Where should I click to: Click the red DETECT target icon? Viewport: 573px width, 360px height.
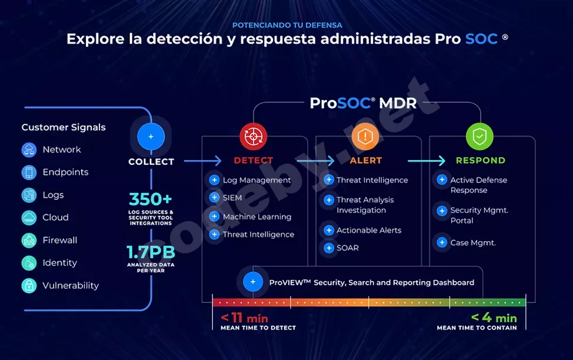[254, 137]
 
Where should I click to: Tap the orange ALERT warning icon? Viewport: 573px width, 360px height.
[365, 137]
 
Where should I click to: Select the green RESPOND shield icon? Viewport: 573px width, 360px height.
[479, 137]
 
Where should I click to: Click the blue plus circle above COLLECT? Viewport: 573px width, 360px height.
[151, 136]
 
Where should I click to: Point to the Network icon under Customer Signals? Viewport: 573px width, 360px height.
[29, 150]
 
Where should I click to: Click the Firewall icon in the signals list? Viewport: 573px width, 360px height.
[29, 241]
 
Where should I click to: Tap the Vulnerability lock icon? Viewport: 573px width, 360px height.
[29, 286]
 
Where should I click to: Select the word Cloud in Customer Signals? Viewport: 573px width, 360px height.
[55, 218]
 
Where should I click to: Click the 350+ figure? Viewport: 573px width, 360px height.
[151, 199]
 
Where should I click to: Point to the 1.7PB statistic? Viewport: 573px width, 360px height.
[151, 252]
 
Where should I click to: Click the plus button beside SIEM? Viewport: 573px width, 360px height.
[214, 198]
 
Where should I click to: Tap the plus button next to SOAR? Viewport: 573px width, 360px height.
[328, 248]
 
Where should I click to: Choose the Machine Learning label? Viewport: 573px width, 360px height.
[256, 217]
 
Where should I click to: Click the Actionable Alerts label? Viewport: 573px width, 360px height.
[369, 230]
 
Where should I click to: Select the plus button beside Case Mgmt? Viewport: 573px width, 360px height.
[442, 242]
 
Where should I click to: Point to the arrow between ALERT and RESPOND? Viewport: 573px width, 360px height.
[427, 161]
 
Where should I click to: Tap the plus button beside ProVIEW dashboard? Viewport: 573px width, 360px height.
[253, 282]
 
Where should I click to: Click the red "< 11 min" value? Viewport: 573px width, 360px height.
[244, 318]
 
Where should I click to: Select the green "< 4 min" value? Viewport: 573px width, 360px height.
[494, 318]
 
